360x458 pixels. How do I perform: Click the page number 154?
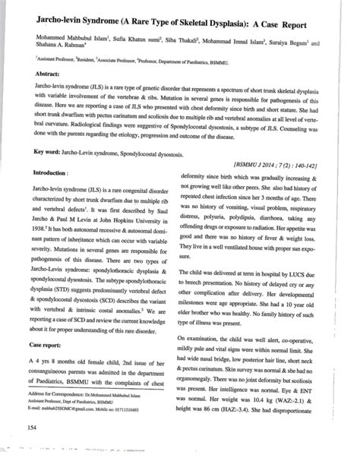32,428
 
